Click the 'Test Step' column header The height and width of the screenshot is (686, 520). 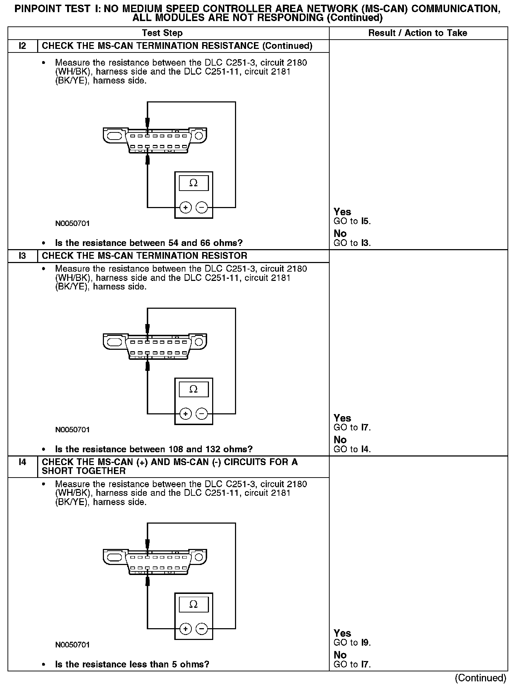pyautogui.click(x=162, y=33)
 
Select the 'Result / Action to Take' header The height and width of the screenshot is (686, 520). pyautogui.click(x=417, y=33)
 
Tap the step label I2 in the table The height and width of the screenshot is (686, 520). pyautogui.click(x=22, y=46)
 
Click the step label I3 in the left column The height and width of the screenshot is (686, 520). pyautogui.click(x=22, y=256)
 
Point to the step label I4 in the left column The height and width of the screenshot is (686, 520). pyautogui.click(x=22, y=462)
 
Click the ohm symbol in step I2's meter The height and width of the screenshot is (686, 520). pyautogui.click(x=193, y=183)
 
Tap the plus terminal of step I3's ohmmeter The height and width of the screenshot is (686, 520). pyautogui.click(x=185, y=414)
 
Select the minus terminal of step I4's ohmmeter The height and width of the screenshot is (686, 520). pyautogui.click(x=202, y=629)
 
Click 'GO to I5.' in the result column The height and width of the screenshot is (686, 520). pyautogui.click(x=352, y=221)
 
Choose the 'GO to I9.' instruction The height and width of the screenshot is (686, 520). pyautogui.click(x=352, y=643)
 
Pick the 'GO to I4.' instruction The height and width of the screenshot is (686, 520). pyautogui.click(x=352, y=449)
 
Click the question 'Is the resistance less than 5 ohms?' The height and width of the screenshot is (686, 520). pyautogui.click(x=132, y=665)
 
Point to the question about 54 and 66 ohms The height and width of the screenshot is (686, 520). pyautogui.click(x=149, y=243)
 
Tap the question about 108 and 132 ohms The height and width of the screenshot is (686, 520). pyautogui.click(x=154, y=449)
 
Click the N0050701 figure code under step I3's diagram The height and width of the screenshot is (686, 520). pyautogui.click(x=72, y=430)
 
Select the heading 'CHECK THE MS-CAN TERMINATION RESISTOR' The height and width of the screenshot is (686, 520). pyautogui.click(x=144, y=256)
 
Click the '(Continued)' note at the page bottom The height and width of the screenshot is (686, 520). pyautogui.click(x=481, y=678)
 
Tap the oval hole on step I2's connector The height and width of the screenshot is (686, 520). pyautogui.click(x=114, y=136)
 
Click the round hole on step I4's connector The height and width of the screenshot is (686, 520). pyautogui.click(x=199, y=557)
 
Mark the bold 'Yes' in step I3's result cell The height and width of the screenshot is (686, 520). pyautogui.click(x=342, y=418)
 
